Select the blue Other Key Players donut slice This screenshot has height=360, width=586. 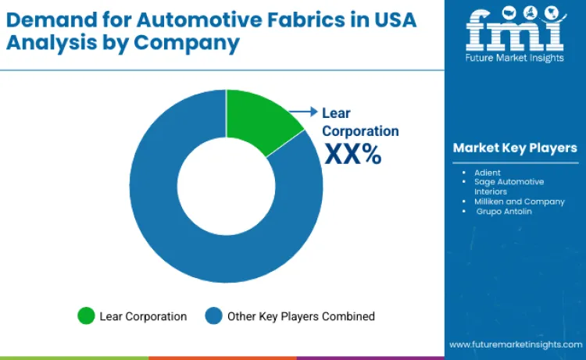pos(195,242)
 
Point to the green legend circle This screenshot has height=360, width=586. pos(86,316)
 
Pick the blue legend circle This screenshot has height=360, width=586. pos(213,316)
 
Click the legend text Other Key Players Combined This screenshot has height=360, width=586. pos(301,316)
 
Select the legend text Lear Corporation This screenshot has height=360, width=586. pos(143,316)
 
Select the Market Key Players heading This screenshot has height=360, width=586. pos(515,148)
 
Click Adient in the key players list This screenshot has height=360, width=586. pos(487,171)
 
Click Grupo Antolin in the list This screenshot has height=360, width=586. pos(504,212)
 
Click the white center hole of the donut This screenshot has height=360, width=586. pos(226,187)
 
